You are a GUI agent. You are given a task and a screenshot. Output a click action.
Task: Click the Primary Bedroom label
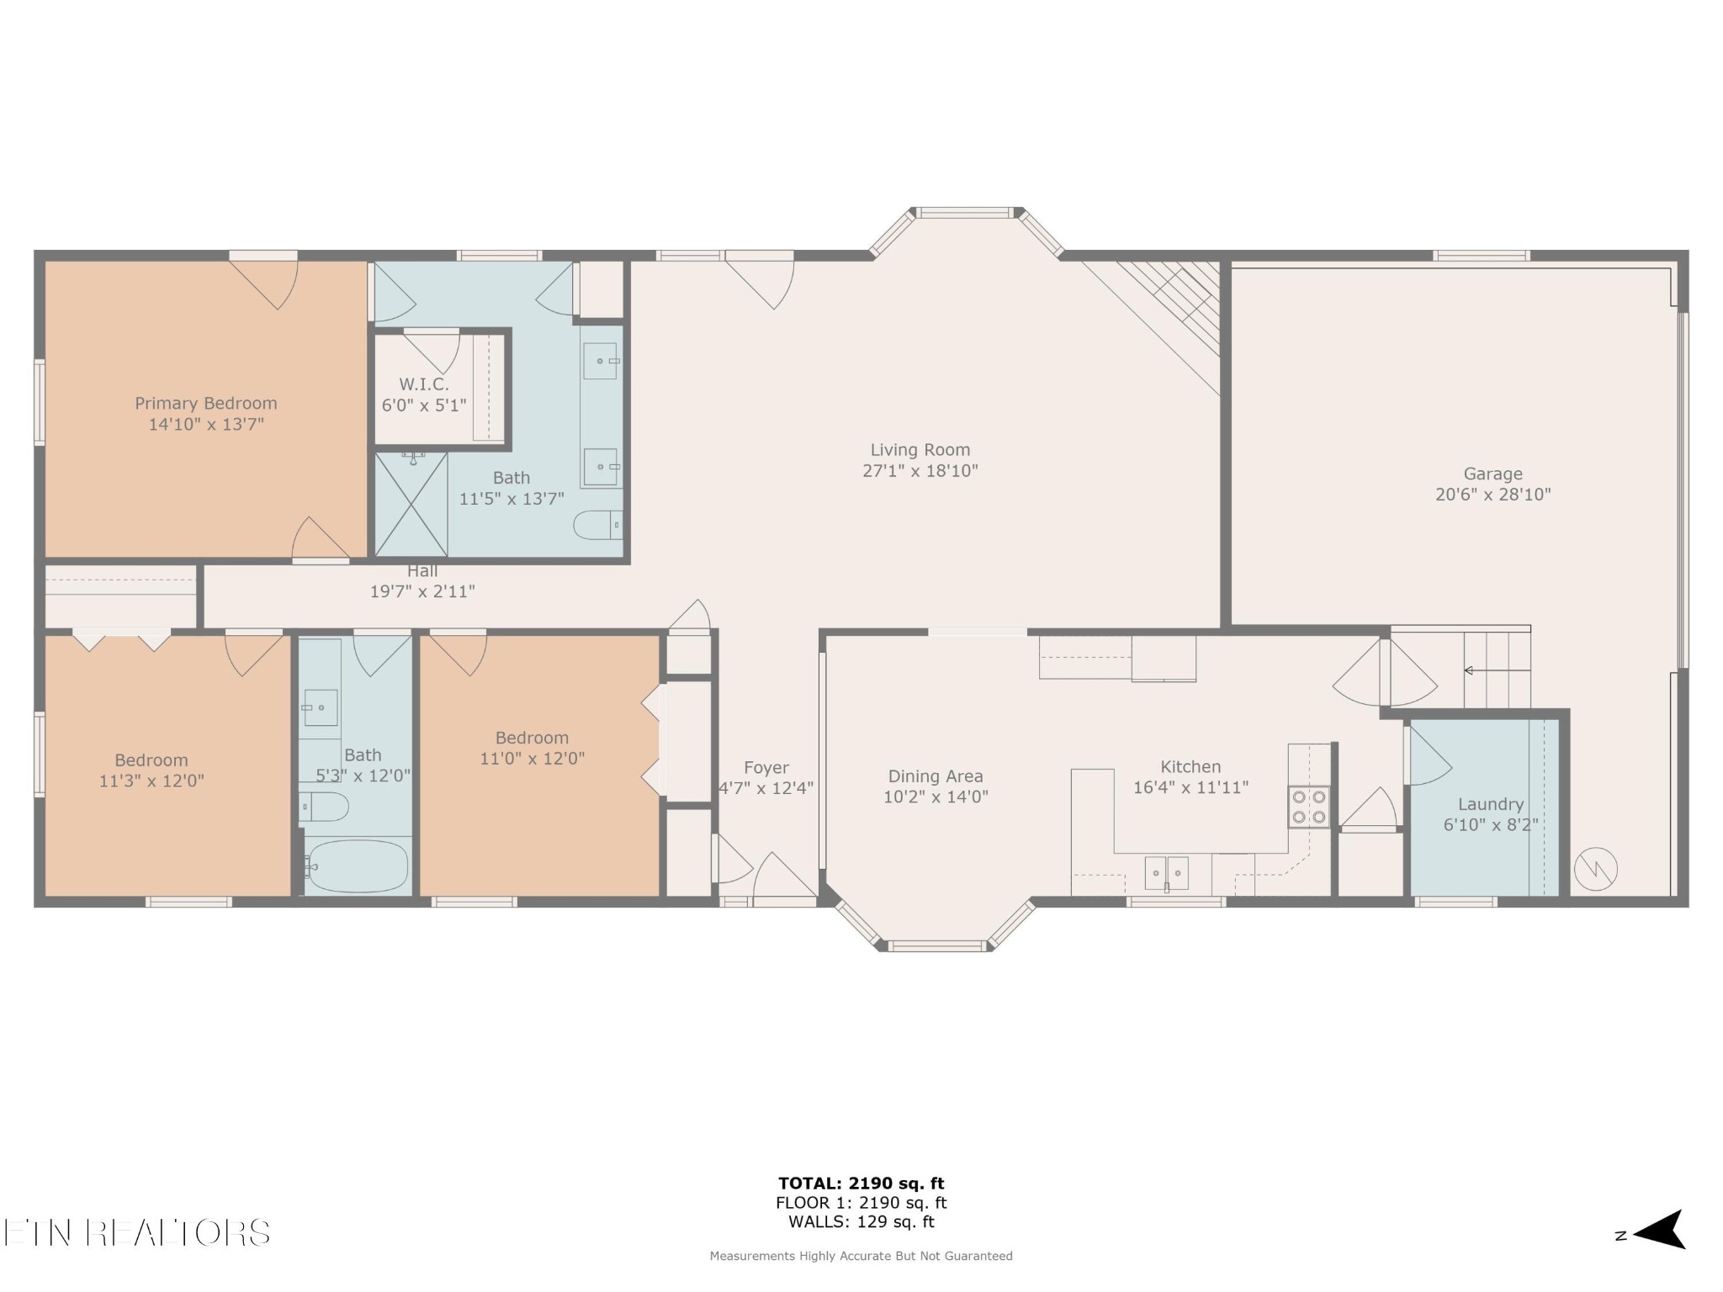pos(206,403)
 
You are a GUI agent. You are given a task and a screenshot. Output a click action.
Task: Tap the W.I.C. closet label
pos(423,384)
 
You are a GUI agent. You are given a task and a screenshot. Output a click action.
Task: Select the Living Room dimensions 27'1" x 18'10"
pos(920,471)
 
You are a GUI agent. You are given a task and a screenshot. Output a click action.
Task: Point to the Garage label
pos(1492,474)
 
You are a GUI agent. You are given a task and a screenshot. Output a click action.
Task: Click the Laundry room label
pos(1491,804)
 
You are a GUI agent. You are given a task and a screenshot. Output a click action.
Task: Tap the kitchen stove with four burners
pos(1309,807)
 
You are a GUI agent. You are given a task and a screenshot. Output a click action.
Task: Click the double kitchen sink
pos(1167,873)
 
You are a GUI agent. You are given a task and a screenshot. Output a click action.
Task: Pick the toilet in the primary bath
pos(598,525)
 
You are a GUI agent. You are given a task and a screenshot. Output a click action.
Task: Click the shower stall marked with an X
pos(411,505)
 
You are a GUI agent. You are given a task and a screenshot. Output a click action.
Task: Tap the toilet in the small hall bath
pos(324,807)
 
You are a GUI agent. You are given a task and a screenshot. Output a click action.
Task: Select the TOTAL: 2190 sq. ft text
pos(861,1183)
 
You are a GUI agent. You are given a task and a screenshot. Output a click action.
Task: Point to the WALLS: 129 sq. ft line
pos(861,1222)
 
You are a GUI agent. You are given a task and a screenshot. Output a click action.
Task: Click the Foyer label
pos(766,768)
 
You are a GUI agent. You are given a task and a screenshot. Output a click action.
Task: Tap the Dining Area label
pos(936,776)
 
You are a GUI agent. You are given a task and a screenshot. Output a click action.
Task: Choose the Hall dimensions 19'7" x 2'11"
pos(422,591)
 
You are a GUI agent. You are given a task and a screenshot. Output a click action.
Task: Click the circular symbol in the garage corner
pos(1596,869)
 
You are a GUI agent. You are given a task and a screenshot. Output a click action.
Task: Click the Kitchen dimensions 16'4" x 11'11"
pos(1190,787)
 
